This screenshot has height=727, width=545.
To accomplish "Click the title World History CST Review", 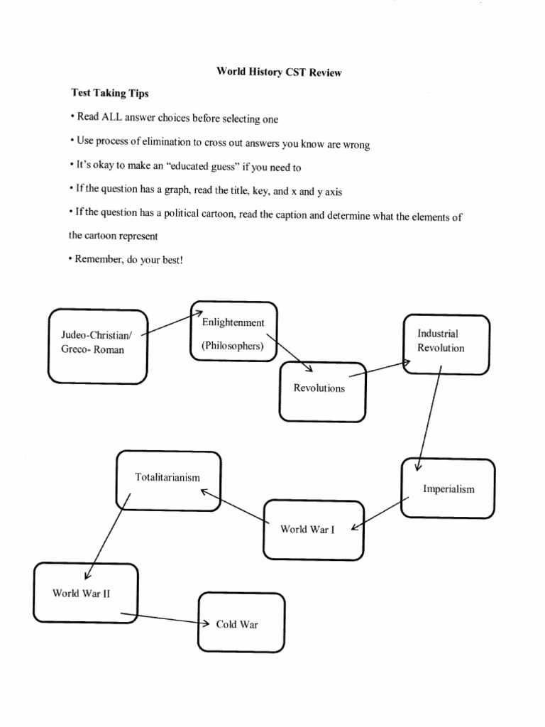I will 279,72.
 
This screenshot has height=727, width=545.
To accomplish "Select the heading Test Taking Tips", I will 109,93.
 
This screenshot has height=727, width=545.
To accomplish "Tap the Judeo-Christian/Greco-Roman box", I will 97,346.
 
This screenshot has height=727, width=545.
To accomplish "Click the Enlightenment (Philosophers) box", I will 233,332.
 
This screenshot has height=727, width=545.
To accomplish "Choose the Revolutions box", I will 323,391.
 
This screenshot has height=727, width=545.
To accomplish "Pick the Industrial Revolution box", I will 446,344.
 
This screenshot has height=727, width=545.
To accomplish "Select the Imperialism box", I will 448,488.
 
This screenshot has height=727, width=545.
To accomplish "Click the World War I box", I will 313,530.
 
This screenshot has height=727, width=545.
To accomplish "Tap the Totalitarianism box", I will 168,480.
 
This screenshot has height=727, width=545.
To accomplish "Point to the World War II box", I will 85,593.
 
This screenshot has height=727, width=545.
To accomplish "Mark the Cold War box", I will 241,623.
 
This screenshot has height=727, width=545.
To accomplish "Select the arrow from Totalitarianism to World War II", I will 108,535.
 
